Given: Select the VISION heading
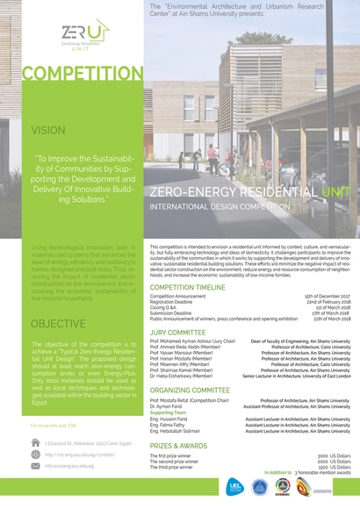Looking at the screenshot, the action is pyautogui.click(x=48, y=129).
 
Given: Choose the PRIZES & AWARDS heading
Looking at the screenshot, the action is pyautogui.click(x=181, y=445).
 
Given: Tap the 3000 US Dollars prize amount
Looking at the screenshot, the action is pyautogui.click(x=334, y=455).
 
